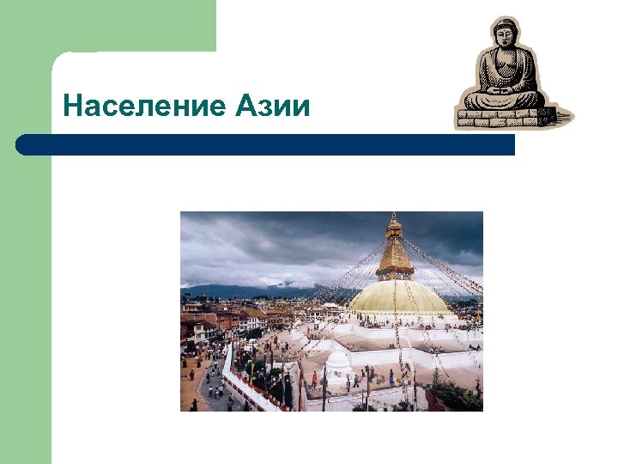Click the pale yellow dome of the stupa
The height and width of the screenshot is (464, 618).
(x=398, y=297)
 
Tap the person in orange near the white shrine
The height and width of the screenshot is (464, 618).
(x=315, y=379)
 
